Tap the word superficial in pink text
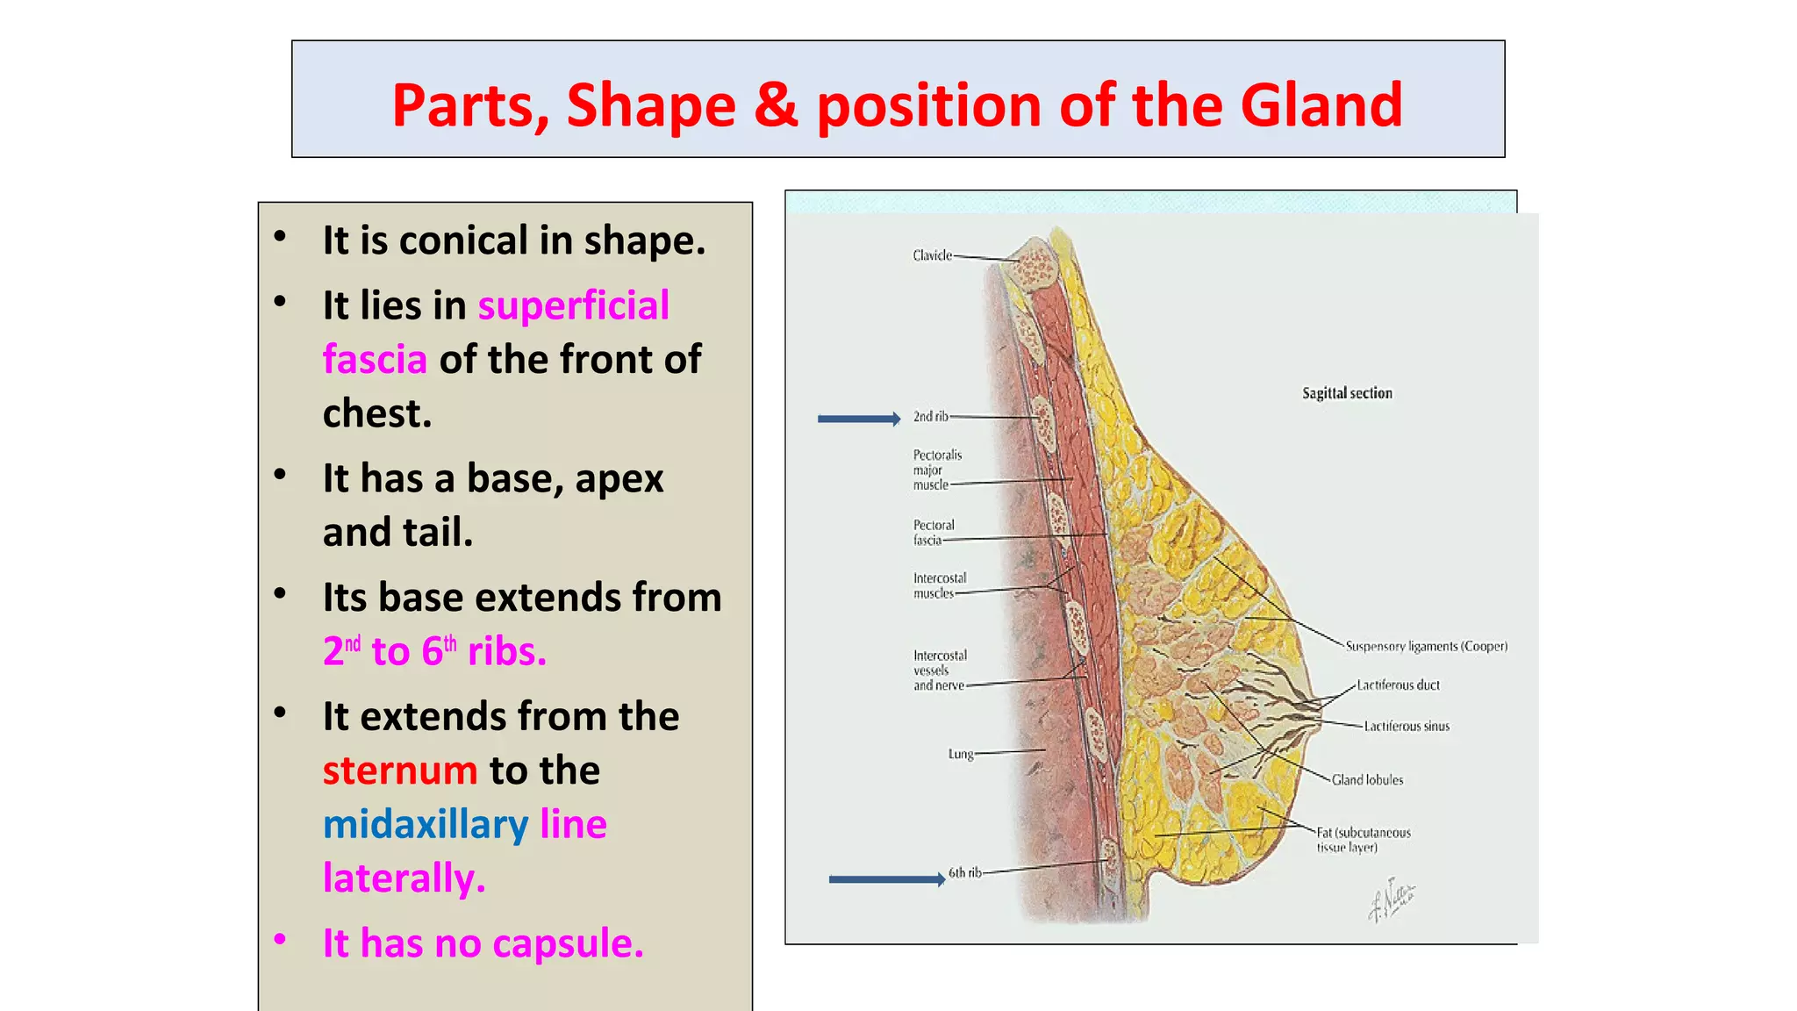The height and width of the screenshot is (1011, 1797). [573, 305]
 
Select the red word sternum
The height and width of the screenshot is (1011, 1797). [399, 771]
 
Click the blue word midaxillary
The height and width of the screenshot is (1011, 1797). [426, 825]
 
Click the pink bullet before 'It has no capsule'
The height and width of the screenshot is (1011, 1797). [280, 939]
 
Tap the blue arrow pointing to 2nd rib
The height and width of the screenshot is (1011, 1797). [858, 419]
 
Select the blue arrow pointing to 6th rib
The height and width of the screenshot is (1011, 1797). [886, 879]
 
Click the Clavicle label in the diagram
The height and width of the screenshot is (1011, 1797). [932, 255]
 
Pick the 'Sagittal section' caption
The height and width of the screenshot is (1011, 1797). [1347, 393]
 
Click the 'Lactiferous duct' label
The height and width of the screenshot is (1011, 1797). [1398, 685]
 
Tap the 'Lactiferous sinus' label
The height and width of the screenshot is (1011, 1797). [1407, 727]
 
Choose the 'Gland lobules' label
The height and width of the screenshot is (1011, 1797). [1367, 780]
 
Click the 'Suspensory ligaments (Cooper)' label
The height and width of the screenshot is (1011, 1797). [1426, 647]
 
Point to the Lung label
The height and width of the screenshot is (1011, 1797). [960, 754]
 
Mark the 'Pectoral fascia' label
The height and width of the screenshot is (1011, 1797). [933, 533]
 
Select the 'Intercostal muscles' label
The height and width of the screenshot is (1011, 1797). [939, 585]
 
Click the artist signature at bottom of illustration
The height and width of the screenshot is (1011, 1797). [1392, 900]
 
